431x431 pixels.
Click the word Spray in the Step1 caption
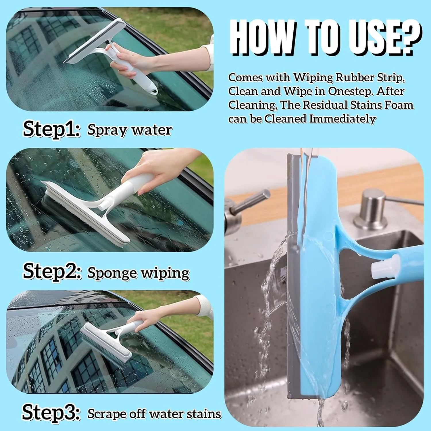(107, 130)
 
